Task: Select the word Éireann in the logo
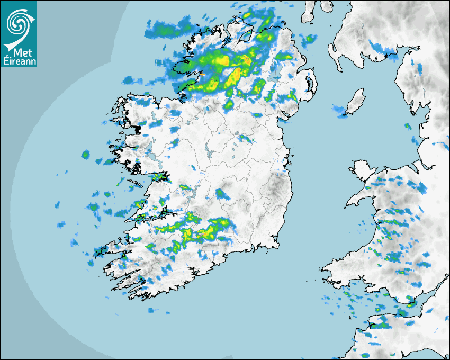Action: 19,62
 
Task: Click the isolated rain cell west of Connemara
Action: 85,155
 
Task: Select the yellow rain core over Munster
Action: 204,233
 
